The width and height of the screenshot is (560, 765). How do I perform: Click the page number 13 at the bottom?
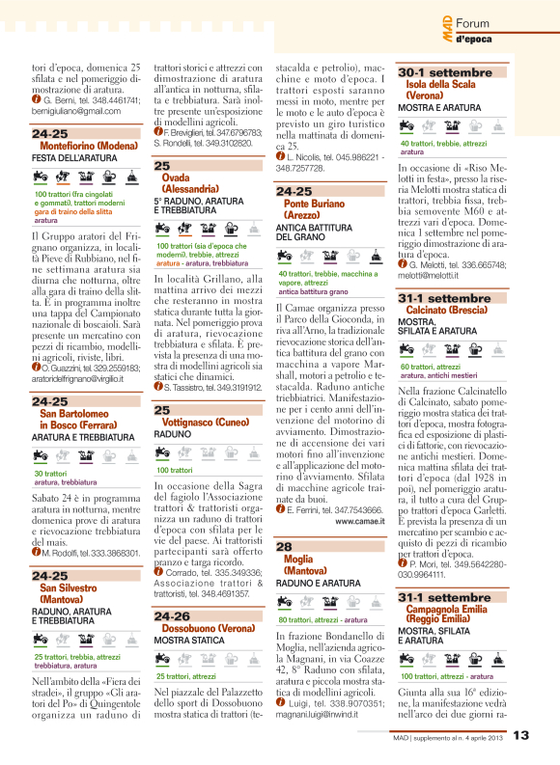tap(520, 737)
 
